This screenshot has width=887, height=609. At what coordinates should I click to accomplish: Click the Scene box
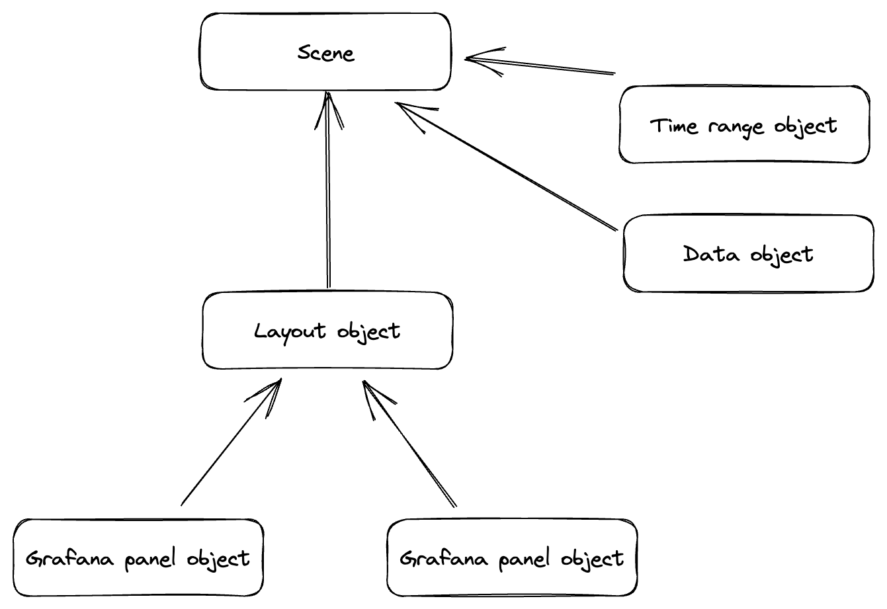point(325,52)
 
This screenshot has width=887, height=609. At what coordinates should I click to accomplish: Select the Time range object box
point(744,124)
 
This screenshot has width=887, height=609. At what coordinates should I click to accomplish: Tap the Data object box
point(748,253)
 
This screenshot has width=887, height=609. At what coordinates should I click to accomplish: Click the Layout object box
point(327,330)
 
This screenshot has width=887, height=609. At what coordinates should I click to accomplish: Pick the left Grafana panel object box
point(138,558)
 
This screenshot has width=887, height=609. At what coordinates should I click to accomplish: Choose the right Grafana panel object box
point(512,558)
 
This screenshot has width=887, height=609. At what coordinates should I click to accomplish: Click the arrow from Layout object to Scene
point(328,198)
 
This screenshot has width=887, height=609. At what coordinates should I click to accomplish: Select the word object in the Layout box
point(368,330)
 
